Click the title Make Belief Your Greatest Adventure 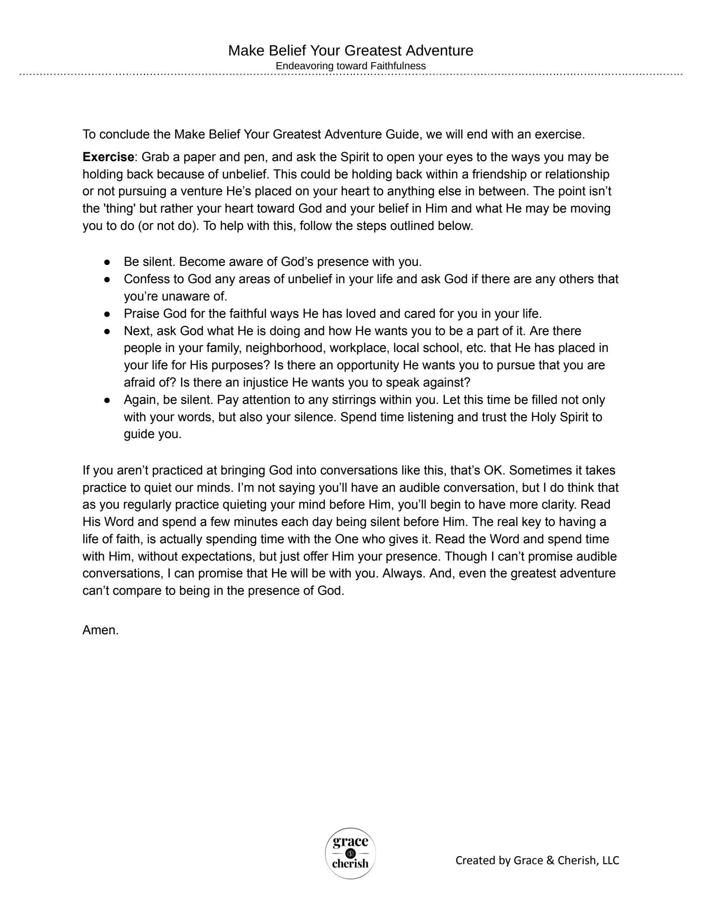[350, 51]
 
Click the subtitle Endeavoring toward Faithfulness [350, 66]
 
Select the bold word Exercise [108, 157]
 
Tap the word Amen [100, 630]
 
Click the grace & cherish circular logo [350, 853]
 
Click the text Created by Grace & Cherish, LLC [537, 860]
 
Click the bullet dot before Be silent [107, 262]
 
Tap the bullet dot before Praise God [107, 314]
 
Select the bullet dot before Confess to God [107, 280]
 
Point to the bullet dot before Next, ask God [107, 332]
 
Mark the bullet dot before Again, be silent [107, 400]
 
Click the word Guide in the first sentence [402, 134]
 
